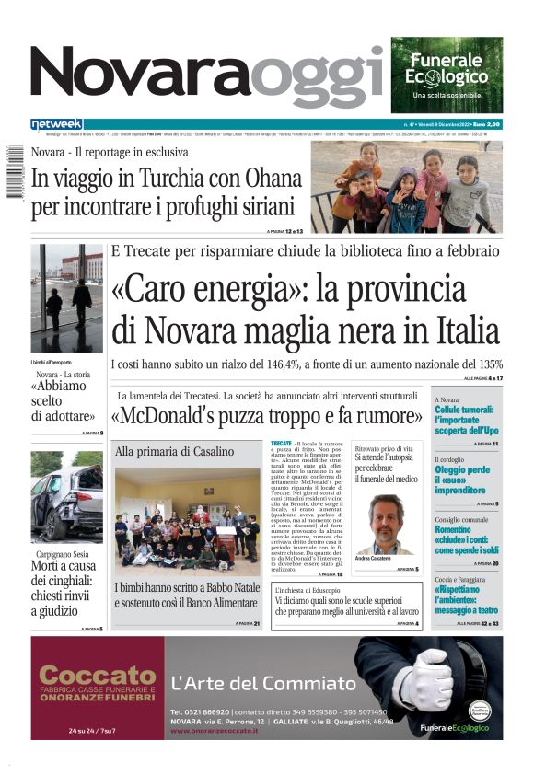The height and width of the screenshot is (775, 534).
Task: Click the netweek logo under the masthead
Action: click(x=56, y=123)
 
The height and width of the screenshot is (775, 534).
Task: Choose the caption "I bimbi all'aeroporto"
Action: click(x=52, y=364)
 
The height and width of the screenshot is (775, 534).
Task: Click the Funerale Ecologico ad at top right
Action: click(x=447, y=74)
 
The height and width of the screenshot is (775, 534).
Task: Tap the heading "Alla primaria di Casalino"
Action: click(x=175, y=451)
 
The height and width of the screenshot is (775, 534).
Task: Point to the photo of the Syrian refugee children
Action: click(x=407, y=186)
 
